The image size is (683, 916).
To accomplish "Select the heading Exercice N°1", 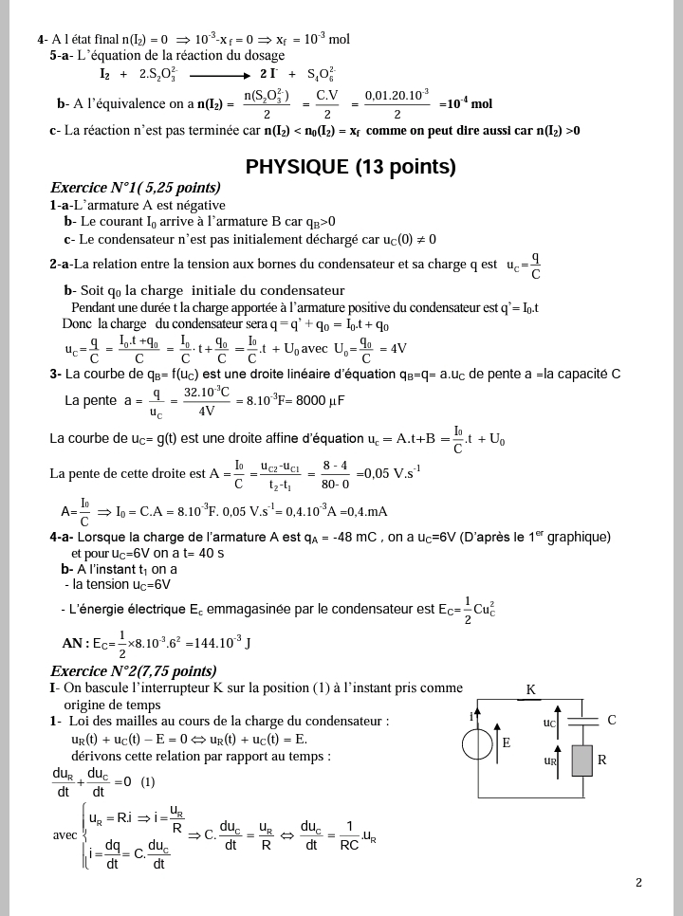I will tap(135, 188).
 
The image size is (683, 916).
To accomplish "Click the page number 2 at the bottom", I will tap(638, 883).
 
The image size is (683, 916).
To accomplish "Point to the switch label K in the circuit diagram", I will tap(530, 690).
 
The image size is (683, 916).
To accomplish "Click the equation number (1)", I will tap(148, 781).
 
